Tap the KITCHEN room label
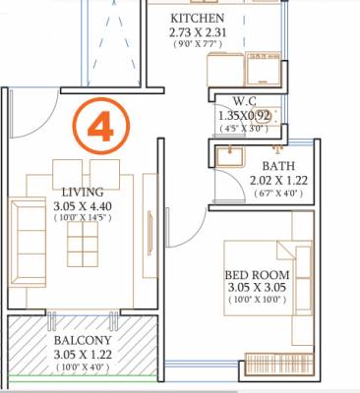pyautogui.click(x=198, y=19)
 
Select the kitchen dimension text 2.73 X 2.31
pyautogui.click(x=198, y=32)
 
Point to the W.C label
pyautogui.click(x=246, y=101)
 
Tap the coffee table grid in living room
pyautogui.click(x=84, y=246)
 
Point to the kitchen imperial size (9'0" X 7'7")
pyautogui.click(x=198, y=45)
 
